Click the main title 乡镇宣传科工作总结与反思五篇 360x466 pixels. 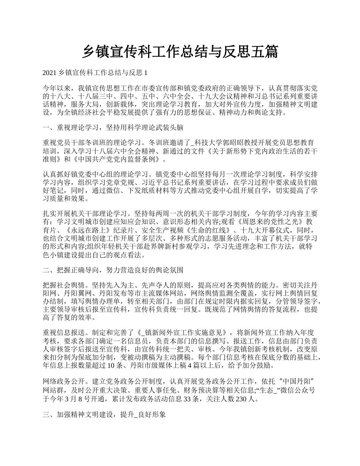[180, 52]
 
